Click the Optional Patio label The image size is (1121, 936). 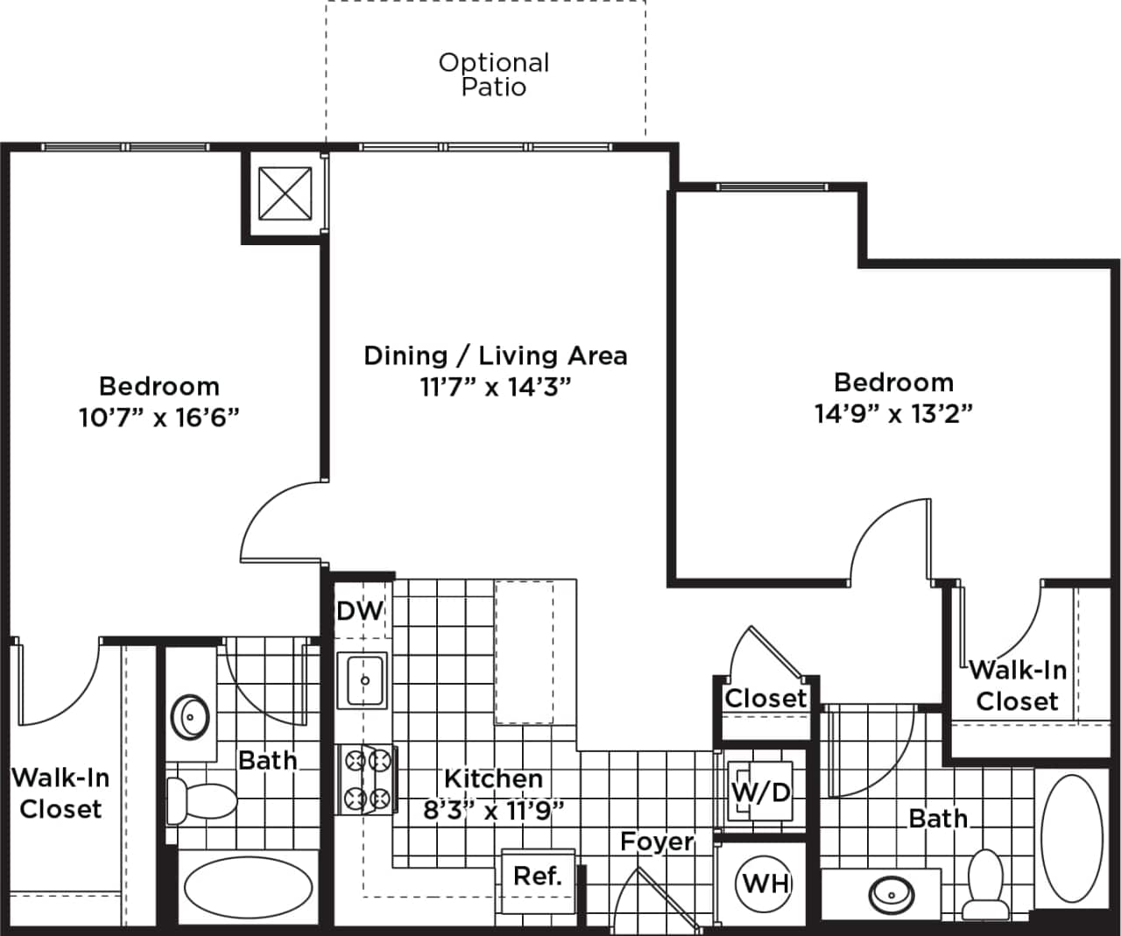pyautogui.click(x=494, y=74)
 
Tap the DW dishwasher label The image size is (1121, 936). pyautogui.click(x=360, y=610)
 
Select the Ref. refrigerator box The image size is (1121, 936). pyautogui.click(x=538, y=876)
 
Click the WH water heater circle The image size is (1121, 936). pyautogui.click(x=766, y=883)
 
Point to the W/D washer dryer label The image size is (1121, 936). pyautogui.click(x=760, y=793)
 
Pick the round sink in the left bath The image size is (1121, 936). pyautogui.click(x=190, y=718)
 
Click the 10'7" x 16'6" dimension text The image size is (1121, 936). pyautogui.click(x=159, y=418)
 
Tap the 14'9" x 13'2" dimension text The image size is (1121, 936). pyautogui.click(x=893, y=413)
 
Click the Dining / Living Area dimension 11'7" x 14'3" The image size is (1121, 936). pyautogui.click(x=496, y=386)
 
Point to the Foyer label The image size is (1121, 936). pyautogui.click(x=657, y=842)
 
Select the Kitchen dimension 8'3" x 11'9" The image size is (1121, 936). pyautogui.click(x=492, y=810)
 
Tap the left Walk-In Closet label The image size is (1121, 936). pyautogui.click(x=60, y=793)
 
